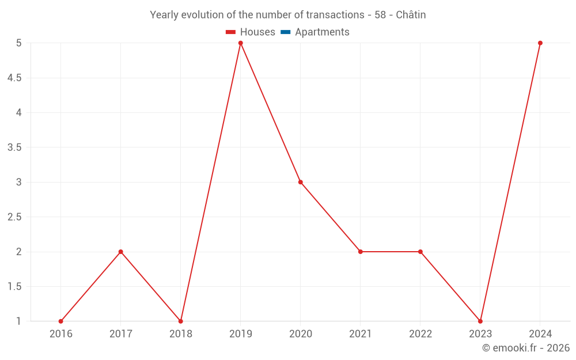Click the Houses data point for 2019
[x=241, y=43]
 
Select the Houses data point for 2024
[x=540, y=43]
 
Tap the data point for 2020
[x=301, y=182]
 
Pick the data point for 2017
[x=121, y=252]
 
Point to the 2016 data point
[x=61, y=321]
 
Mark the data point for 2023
[x=480, y=321]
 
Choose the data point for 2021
[x=361, y=252]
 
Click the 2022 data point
[x=420, y=252]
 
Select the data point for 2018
[x=181, y=321]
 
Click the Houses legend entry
[x=251, y=32]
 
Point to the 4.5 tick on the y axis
[x=14, y=78]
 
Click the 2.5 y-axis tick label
[x=14, y=217]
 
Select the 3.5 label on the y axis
[x=14, y=147]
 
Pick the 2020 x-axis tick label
[x=301, y=334]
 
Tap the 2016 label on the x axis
[x=61, y=334]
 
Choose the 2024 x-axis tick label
[x=540, y=334]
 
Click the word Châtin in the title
[x=411, y=15]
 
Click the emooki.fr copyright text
[x=526, y=348]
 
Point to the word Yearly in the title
[x=164, y=15]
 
